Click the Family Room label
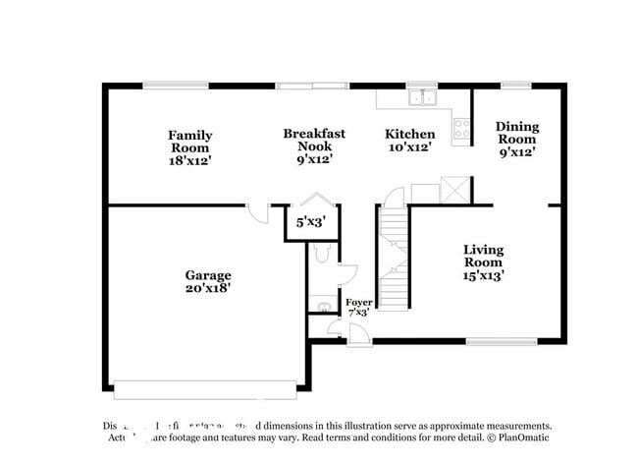pos(189,142)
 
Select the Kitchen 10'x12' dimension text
pos(409,147)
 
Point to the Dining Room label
pos(516,133)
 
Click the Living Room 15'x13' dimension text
pos(483,276)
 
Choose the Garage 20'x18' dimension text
pos(208,289)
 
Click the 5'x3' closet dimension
pos(312,223)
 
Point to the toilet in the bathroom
pos(320,258)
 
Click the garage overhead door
pos(205,383)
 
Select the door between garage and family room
pos(257,211)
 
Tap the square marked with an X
pos(455,189)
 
